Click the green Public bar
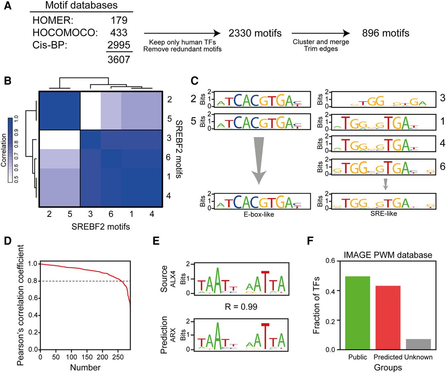click(357, 313)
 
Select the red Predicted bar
click(388, 318)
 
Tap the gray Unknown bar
click(418, 344)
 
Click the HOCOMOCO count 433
click(119, 33)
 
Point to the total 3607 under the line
click(119, 60)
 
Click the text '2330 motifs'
click(255, 33)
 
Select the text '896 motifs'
click(386, 33)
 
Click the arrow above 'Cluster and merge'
click(321, 33)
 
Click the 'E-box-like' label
click(259, 214)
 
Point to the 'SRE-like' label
click(384, 214)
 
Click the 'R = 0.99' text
click(241, 306)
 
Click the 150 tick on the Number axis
click(87, 357)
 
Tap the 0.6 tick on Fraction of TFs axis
click(331, 261)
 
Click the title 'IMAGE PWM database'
click(388, 255)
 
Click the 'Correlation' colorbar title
click(4, 150)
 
